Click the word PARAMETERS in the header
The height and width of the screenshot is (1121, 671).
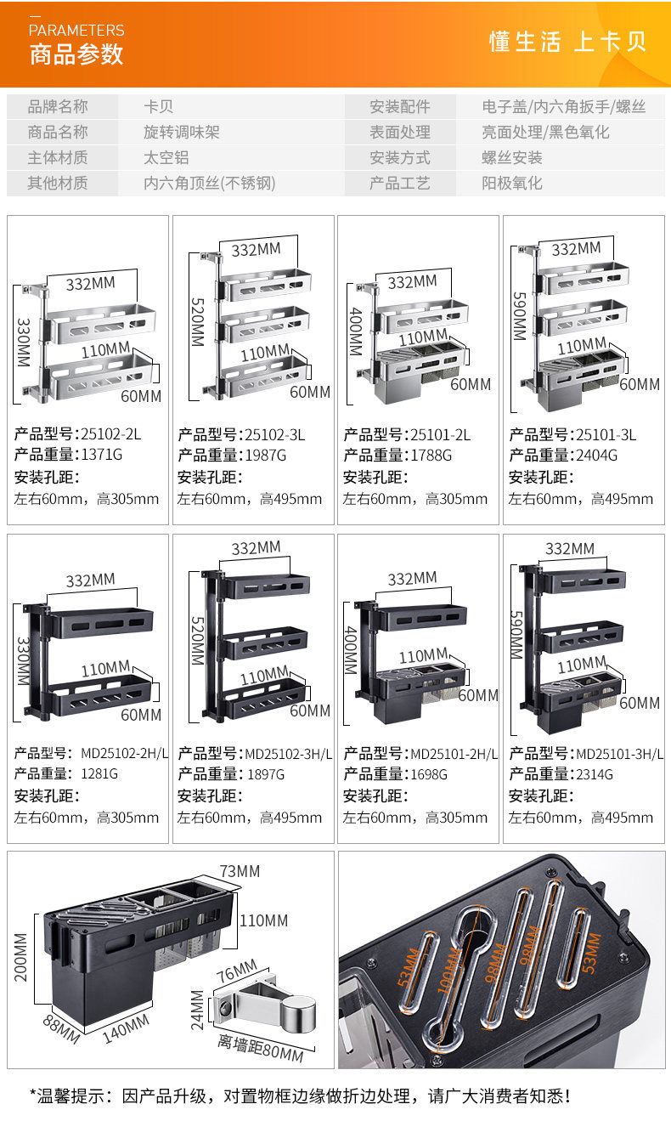click(76, 30)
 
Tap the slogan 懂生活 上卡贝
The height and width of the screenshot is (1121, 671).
click(567, 42)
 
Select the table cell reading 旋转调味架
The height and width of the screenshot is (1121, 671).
click(182, 133)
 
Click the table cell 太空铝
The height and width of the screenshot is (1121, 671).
click(166, 158)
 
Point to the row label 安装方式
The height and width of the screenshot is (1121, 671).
click(399, 158)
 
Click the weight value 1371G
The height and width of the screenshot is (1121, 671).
click(103, 455)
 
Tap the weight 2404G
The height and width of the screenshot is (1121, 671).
click(598, 455)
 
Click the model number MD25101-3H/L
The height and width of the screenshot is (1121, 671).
click(620, 754)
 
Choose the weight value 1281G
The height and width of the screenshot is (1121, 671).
click(99, 773)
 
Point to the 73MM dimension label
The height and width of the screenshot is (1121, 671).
click(240, 872)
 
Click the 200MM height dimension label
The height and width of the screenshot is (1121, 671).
click(20, 956)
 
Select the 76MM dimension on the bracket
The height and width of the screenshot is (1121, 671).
click(236, 969)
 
